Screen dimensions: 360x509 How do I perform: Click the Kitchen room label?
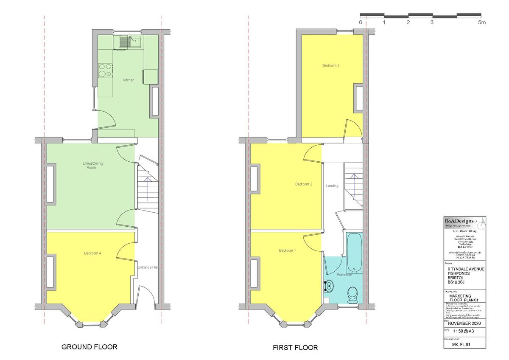[129, 80]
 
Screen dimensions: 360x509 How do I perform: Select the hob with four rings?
[106, 70]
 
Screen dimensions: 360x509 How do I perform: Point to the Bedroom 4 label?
[92, 253]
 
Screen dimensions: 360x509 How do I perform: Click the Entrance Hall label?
[148, 267]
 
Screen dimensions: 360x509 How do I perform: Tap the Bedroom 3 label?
[331, 65]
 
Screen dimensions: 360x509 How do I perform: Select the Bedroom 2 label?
[304, 184]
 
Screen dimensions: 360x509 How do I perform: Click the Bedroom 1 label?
[288, 250]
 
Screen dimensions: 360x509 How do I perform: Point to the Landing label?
[332, 186]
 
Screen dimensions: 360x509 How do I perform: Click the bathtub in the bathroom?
[354, 253]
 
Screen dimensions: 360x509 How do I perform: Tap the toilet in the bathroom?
[352, 295]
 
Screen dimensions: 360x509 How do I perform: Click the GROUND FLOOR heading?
[89, 347]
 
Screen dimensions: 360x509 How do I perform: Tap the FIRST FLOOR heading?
[296, 348]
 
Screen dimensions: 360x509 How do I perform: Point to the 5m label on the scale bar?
[482, 22]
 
